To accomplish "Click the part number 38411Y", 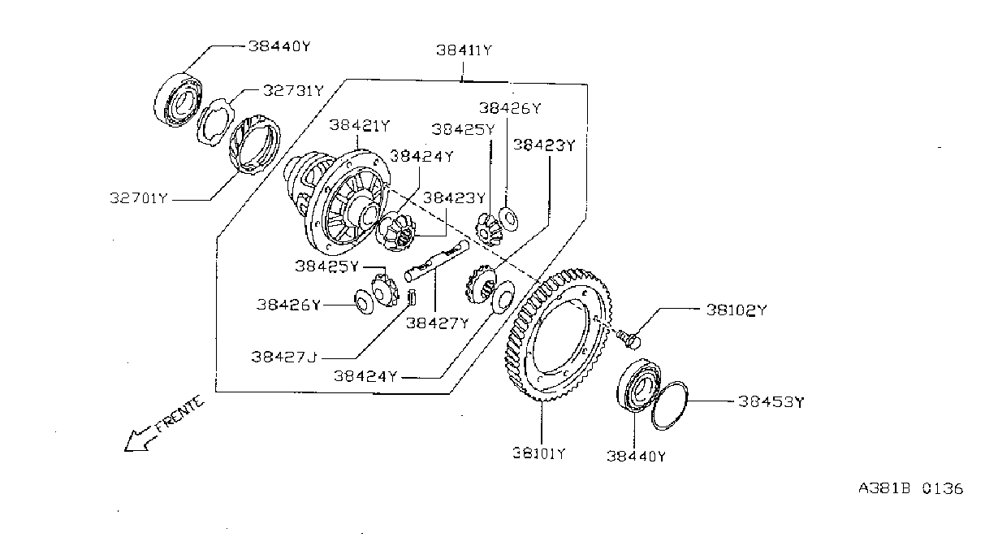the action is (464, 50).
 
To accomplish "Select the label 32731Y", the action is (293, 91).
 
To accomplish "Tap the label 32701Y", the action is (139, 198).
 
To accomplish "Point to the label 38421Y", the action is (360, 126).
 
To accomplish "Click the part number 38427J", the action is (284, 357).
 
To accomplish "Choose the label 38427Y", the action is (438, 323).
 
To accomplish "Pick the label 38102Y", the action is (737, 310).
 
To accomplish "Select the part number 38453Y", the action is (771, 402).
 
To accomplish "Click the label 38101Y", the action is (538, 453).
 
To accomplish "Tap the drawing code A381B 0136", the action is (910, 488).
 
